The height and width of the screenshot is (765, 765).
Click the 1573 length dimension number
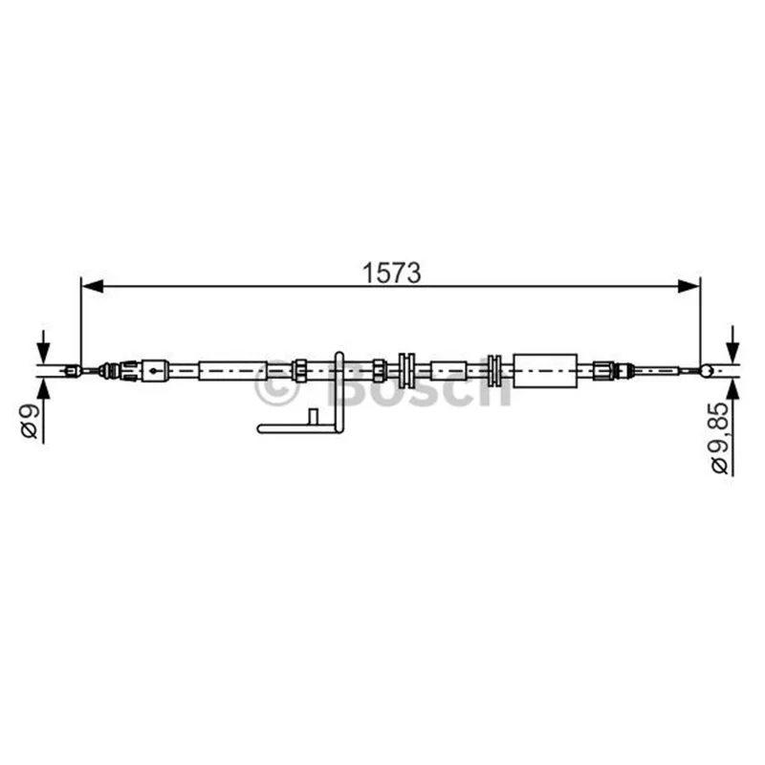pos(391,273)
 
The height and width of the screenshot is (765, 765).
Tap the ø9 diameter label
pos(31,422)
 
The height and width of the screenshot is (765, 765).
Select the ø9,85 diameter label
pos(720,438)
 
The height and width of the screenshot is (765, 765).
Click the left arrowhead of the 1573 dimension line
pos(92,286)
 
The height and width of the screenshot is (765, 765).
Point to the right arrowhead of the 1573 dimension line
pos(688,286)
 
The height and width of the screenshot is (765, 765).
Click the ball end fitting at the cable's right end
pos(706,371)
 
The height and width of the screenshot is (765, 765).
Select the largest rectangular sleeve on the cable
pos(545,371)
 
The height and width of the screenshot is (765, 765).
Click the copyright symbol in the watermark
pos(276,384)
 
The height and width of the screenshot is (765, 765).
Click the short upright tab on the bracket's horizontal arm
pos(314,418)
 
